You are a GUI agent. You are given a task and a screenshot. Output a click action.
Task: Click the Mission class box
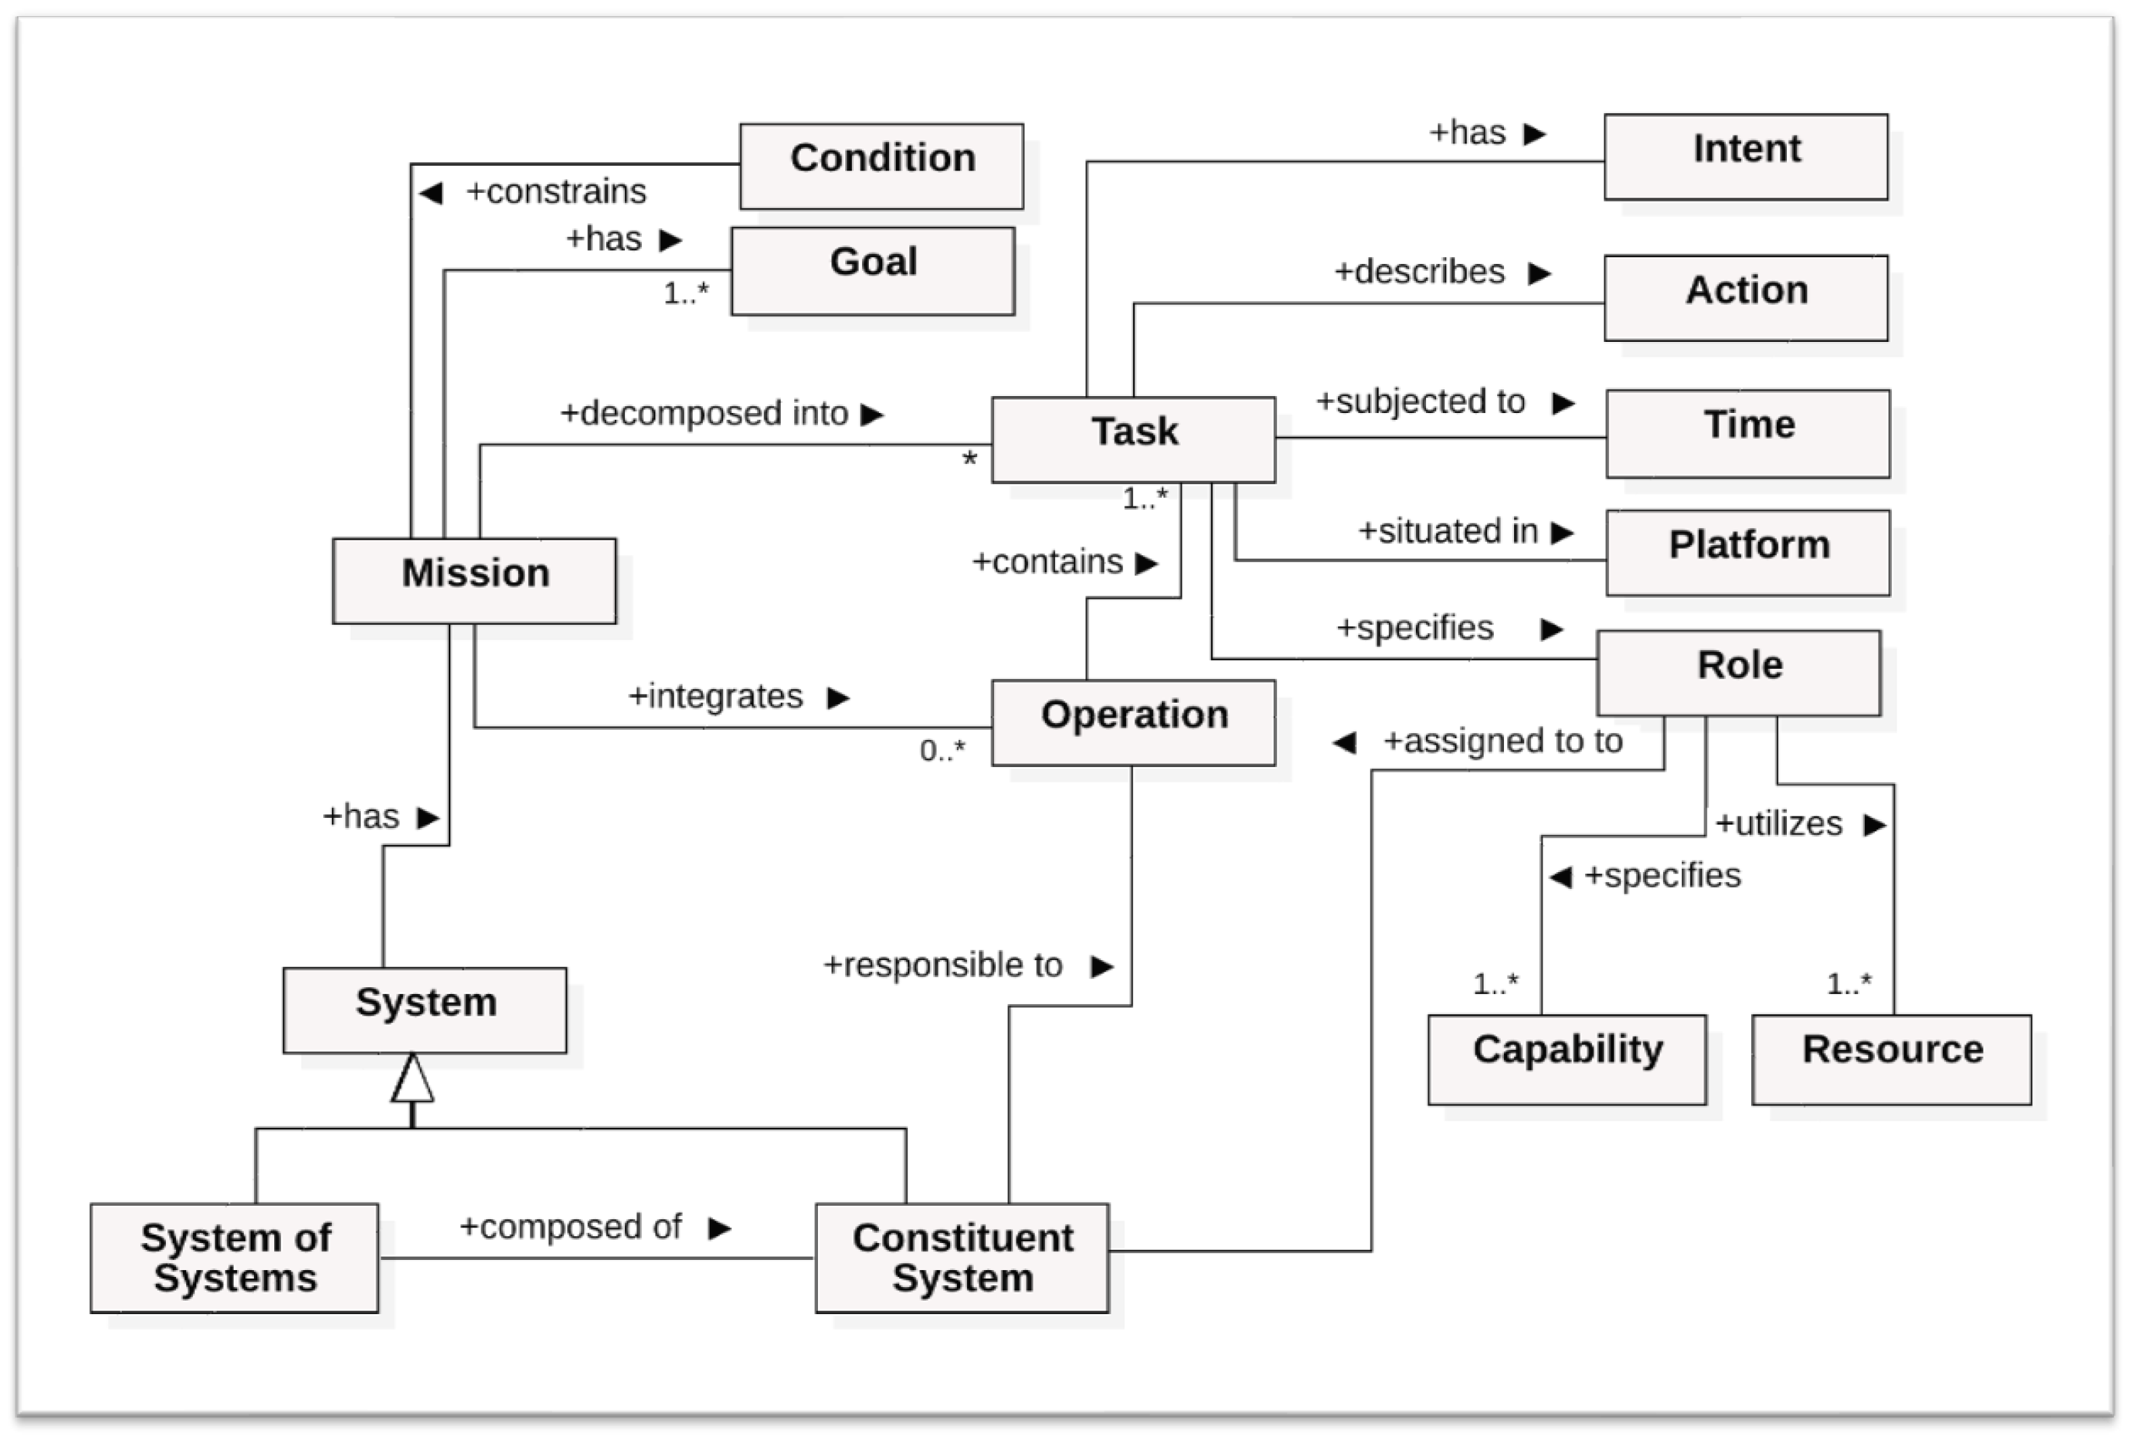tap(475, 581)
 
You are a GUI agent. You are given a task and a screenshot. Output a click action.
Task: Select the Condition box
tap(881, 166)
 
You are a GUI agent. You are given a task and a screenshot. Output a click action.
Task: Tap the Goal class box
tap(873, 270)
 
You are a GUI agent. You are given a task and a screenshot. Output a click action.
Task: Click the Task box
tap(1133, 439)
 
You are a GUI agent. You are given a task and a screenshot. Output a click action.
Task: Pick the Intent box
tap(1745, 156)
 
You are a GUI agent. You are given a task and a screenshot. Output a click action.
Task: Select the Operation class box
tap(1133, 722)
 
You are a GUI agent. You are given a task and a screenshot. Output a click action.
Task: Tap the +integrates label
tap(715, 696)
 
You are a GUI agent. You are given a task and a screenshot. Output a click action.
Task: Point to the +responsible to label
tap(943, 964)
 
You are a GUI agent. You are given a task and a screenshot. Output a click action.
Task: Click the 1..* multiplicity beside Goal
tap(686, 293)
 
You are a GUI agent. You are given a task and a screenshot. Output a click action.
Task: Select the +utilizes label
tap(1777, 823)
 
